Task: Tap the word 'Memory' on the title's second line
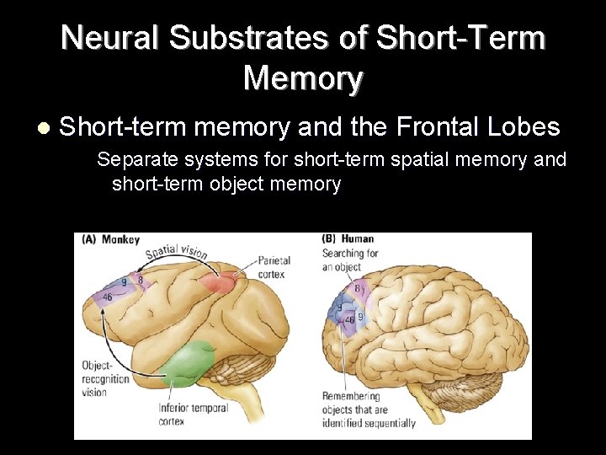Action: [x=303, y=78]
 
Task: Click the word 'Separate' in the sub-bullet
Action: [x=134, y=159]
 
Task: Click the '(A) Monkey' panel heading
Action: [x=110, y=240]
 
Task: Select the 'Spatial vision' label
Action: [x=176, y=252]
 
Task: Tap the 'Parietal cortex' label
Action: [x=271, y=267]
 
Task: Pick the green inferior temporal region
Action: [x=189, y=363]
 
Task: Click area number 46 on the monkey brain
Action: [x=108, y=297]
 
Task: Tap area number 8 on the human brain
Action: [x=357, y=289]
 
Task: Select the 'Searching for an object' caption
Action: [x=350, y=260]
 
